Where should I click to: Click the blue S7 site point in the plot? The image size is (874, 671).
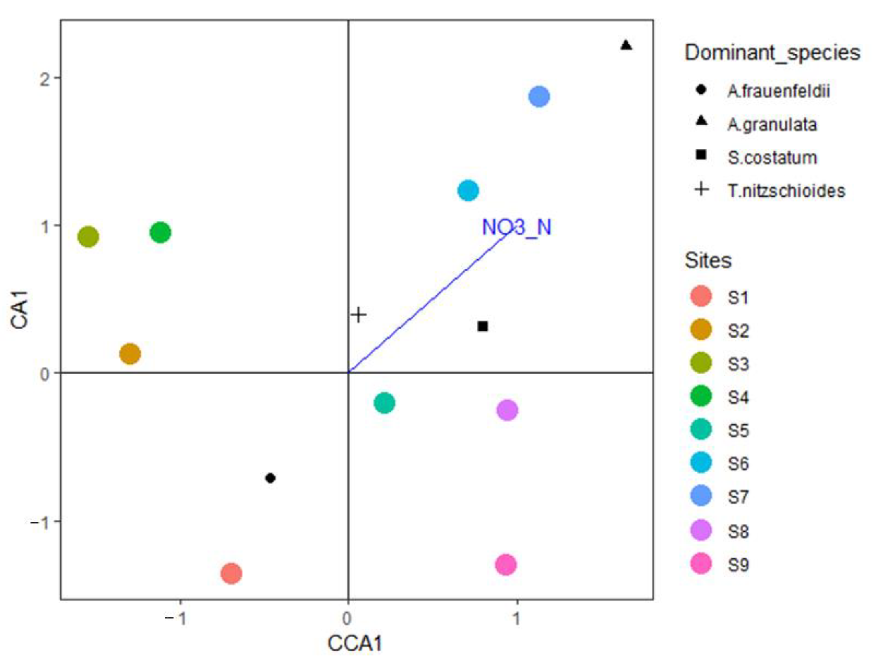tap(539, 96)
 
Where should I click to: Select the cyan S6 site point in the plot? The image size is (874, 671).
tap(468, 191)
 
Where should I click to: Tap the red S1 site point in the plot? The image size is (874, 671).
tap(231, 573)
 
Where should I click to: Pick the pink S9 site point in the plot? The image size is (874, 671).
tap(506, 565)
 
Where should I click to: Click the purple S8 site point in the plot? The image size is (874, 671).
tap(507, 410)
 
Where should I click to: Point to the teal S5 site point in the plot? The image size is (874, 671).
tap(384, 403)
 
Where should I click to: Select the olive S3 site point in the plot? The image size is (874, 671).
tap(88, 237)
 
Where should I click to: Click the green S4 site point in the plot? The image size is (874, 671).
tap(160, 232)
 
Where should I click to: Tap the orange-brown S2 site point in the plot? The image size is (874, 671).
tap(130, 354)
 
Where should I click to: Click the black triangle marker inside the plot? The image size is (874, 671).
tap(626, 46)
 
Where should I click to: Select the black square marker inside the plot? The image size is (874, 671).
tap(483, 326)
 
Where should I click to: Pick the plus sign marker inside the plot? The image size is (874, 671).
tap(358, 315)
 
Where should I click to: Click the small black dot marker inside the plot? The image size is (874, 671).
tap(270, 478)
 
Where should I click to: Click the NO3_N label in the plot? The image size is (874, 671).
tap(517, 227)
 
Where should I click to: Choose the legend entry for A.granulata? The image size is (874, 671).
tap(771, 125)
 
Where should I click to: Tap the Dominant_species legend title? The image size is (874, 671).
tap(772, 52)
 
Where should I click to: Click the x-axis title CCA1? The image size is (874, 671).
tap(354, 644)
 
